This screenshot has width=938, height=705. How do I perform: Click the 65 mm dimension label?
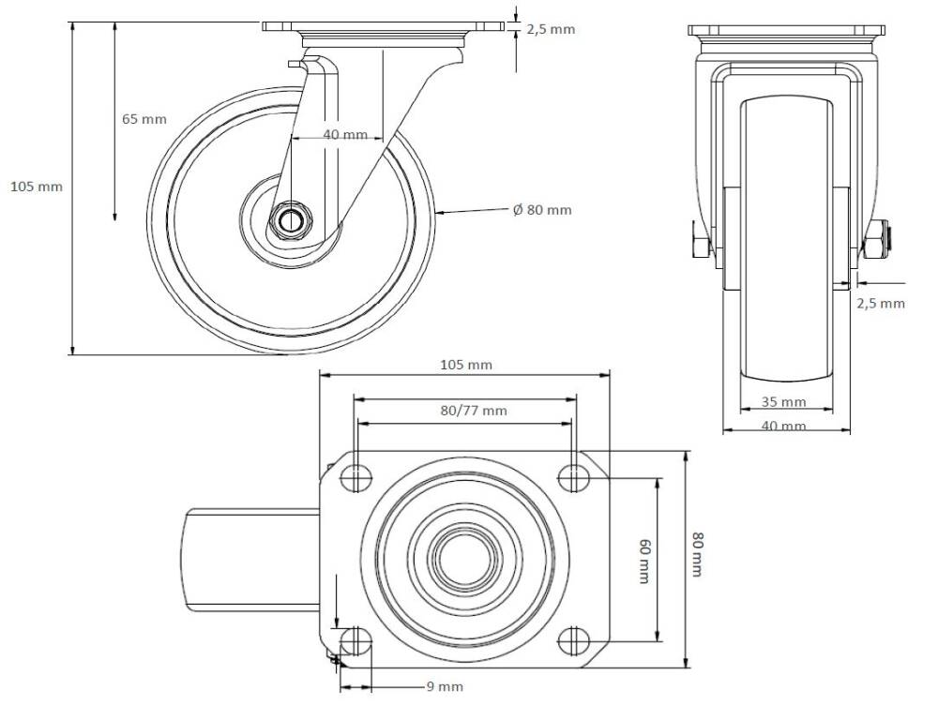pyautogui.click(x=144, y=119)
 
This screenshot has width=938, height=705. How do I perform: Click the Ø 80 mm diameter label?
pyautogui.click(x=542, y=210)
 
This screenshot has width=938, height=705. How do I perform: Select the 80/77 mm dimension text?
pyautogui.click(x=474, y=410)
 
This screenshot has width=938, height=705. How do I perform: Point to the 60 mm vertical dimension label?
pyautogui.click(x=643, y=561)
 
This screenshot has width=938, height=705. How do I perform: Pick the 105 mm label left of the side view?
pyautogui.click(x=36, y=187)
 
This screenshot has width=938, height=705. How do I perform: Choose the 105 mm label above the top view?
pyautogui.click(x=466, y=365)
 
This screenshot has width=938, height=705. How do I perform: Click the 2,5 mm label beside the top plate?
pyautogui.click(x=551, y=30)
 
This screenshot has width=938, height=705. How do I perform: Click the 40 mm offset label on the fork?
pyautogui.click(x=345, y=135)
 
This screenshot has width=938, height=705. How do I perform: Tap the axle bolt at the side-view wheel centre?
pyautogui.click(x=291, y=222)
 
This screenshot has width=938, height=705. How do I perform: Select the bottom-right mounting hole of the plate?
pyautogui.click(x=573, y=641)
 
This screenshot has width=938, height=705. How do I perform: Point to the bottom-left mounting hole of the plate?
pyautogui.click(x=354, y=641)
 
